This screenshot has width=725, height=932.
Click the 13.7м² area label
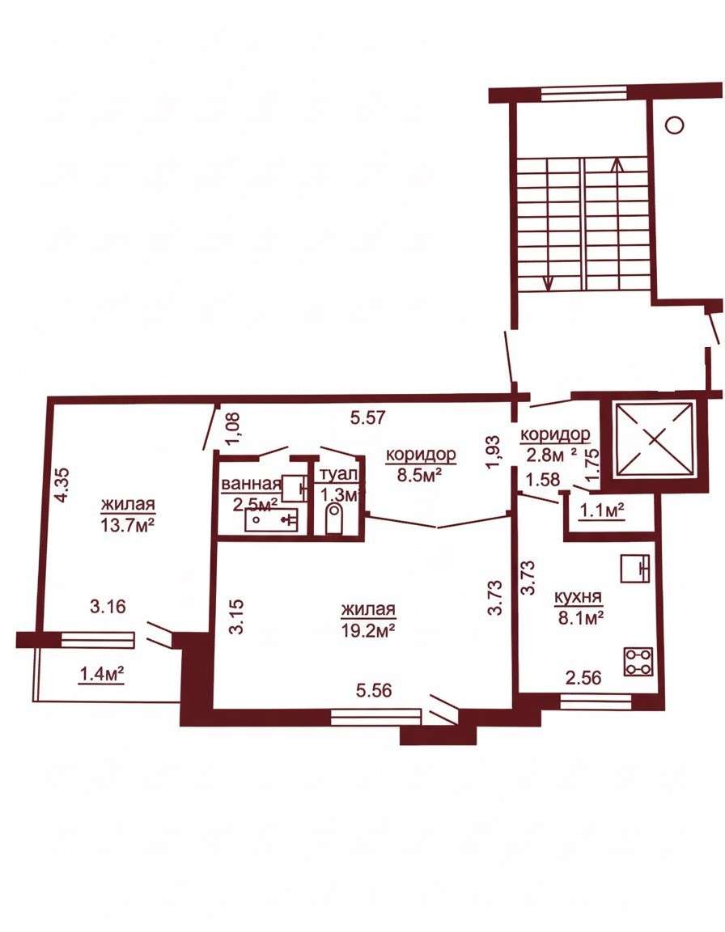click(x=124, y=525)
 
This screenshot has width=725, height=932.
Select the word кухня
click(x=579, y=596)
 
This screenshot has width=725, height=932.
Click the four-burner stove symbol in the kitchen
click(x=639, y=661)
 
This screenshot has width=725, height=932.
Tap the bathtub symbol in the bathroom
click(x=272, y=521)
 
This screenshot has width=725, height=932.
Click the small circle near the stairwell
click(x=675, y=125)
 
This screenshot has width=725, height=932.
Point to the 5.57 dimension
click(x=368, y=417)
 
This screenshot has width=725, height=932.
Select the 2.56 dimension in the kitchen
click(x=583, y=677)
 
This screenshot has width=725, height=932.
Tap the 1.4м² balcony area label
click(x=102, y=673)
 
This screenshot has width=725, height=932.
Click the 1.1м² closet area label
click(x=602, y=510)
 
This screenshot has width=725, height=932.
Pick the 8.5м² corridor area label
click(x=421, y=474)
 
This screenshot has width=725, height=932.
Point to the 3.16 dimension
click(x=108, y=607)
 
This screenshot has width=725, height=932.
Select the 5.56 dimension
click(x=374, y=690)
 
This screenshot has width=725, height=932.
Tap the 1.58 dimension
click(x=543, y=478)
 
